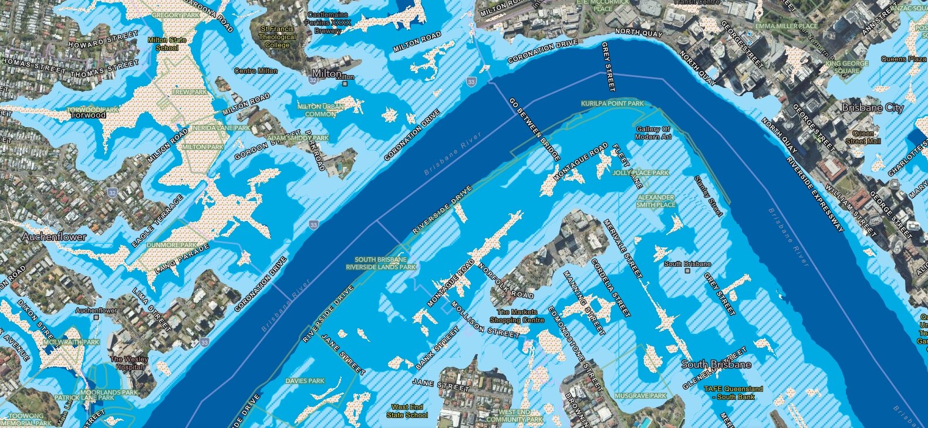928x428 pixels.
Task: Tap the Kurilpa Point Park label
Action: (612, 104)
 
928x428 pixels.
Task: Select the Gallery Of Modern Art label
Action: (652, 133)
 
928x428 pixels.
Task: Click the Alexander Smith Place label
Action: (656, 201)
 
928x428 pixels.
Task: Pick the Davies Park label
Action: (305, 381)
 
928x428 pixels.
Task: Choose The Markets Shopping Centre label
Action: (517, 316)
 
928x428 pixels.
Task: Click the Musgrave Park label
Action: (640, 396)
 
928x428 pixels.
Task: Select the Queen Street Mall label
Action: (863, 137)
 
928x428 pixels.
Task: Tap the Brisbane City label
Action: (872, 108)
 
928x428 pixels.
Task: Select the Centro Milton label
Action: (256, 71)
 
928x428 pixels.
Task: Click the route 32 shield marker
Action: (113, 192)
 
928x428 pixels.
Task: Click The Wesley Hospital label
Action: (129, 363)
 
